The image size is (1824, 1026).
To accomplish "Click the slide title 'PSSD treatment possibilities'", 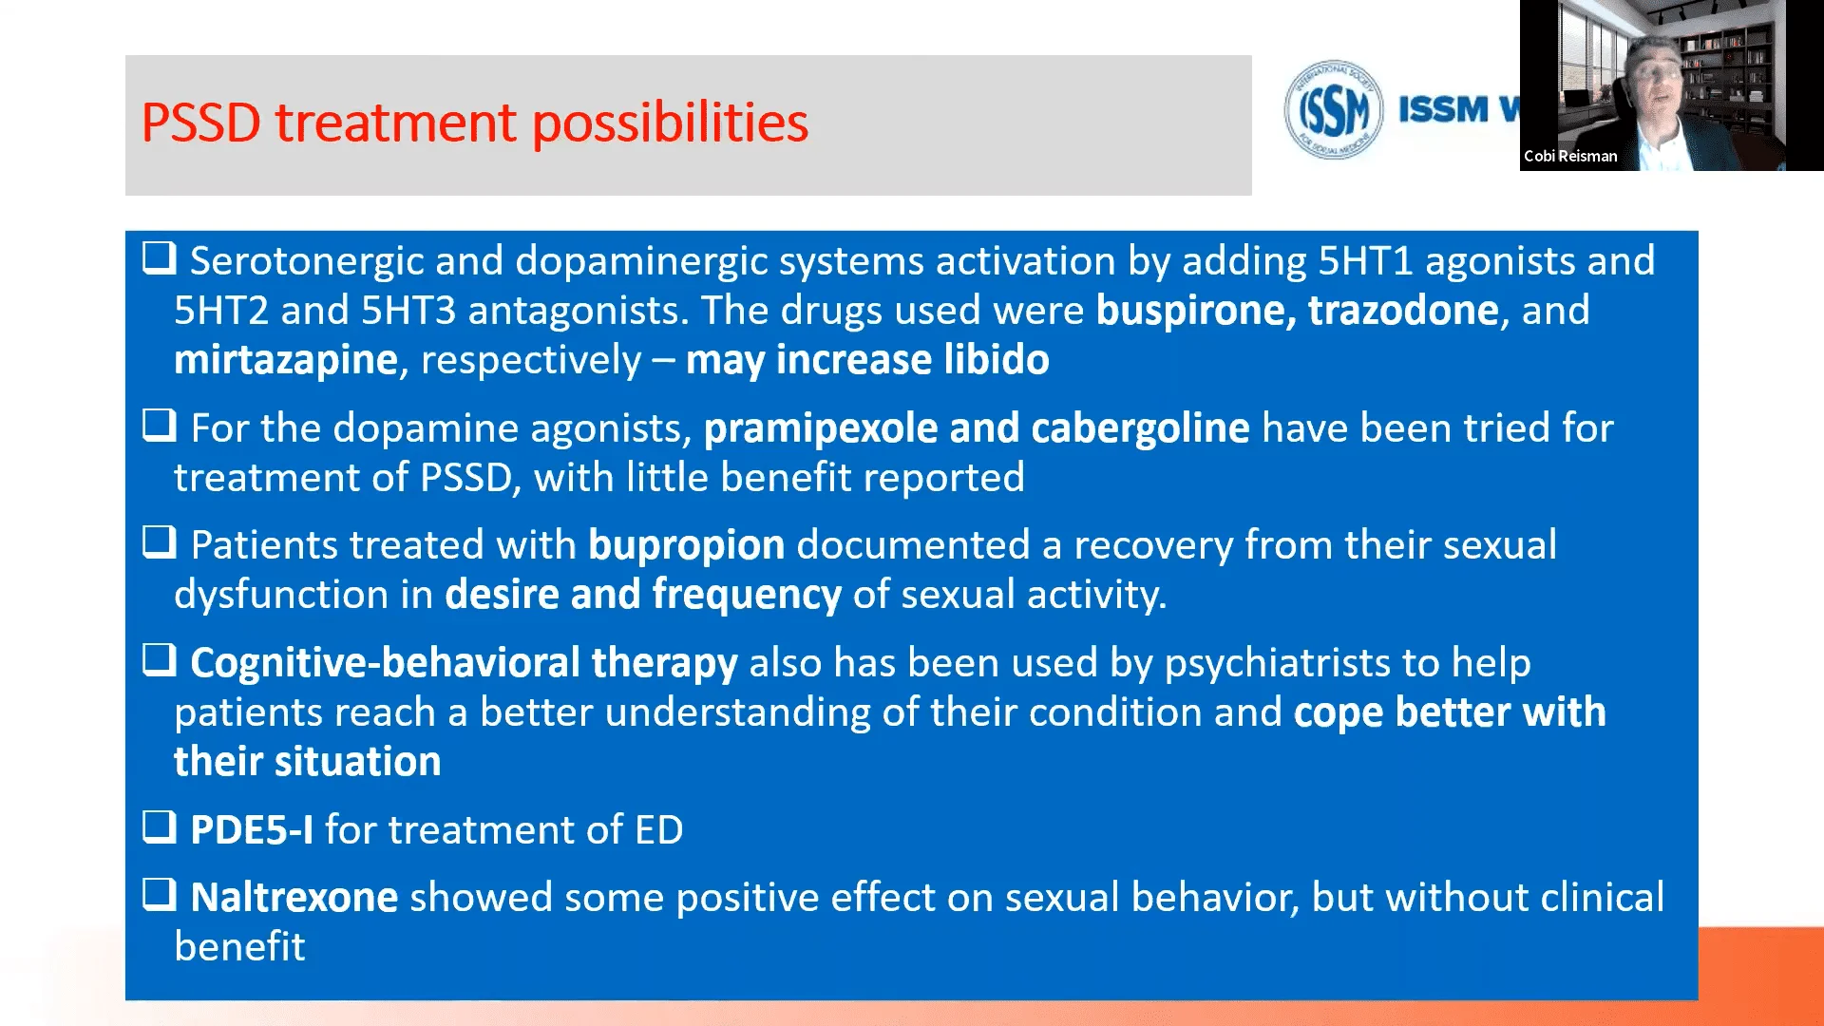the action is coord(475,123).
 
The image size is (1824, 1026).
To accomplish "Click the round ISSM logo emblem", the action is coord(1333,109).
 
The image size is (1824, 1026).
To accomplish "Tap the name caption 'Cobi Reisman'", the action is coord(1570,156).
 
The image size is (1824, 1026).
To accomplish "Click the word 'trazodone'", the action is coord(1403,311).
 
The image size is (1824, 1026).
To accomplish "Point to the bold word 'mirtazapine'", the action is coord(286,360).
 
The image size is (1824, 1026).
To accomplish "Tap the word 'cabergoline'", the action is coord(1140,428).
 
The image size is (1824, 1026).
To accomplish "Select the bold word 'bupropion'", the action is coord(687,545).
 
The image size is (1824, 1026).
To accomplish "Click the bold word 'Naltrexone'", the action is coord(294,898).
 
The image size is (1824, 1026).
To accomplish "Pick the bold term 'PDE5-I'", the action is coord(252,830).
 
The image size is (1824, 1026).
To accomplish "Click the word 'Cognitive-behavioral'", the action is coord(385,663).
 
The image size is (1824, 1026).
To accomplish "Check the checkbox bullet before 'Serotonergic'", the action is coord(160,257).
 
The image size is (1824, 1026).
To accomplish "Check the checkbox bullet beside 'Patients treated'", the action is coord(160,541).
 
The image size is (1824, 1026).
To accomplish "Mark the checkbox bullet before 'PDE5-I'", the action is coord(160,826).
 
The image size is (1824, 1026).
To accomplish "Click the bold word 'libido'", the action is coord(997,360).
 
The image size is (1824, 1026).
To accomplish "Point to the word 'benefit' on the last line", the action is coord(239,947).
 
